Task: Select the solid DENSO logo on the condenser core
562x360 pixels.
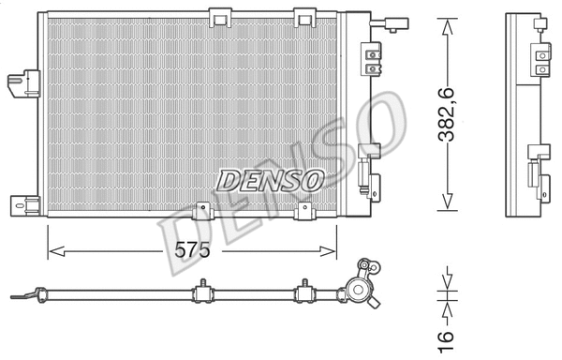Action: [270, 178]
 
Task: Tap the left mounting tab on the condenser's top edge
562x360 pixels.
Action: [221, 16]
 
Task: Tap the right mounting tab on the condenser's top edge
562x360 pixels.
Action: [304, 16]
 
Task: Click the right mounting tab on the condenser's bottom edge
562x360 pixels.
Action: [304, 212]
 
